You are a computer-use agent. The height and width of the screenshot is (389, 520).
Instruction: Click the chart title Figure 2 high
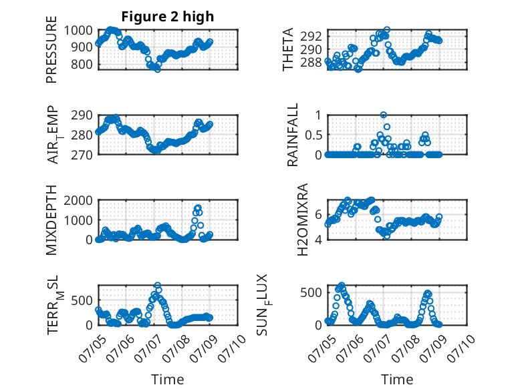point(168,17)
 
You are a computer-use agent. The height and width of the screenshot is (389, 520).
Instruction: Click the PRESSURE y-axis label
point(51,49)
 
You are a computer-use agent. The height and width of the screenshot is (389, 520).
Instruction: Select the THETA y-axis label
point(288,49)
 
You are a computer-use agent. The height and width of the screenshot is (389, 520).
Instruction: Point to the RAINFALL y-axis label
point(293,135)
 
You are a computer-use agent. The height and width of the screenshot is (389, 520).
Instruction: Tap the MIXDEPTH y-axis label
point(51,220)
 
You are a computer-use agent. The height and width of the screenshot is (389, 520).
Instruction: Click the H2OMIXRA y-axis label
point(303,220)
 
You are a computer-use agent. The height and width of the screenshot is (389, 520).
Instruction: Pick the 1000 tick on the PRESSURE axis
point(78,31)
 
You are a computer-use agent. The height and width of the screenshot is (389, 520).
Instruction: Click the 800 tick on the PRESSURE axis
point(82,64)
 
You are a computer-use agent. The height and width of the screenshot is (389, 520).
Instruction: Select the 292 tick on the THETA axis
point(311,36)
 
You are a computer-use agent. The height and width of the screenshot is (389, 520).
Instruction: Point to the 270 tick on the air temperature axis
point(82,155)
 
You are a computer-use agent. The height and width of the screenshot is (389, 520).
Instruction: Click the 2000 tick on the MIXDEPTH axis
point(78,200)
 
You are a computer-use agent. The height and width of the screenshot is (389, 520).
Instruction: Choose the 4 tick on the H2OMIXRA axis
point(319,240)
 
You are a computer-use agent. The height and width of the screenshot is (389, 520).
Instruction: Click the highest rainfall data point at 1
point(384,115)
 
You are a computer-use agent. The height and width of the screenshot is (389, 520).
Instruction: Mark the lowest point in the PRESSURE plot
point(158,69)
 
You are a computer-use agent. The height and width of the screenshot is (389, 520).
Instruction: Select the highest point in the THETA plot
point(387,30)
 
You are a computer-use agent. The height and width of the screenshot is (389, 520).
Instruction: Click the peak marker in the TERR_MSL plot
point(158,285)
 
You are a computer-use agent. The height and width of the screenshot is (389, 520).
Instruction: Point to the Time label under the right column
point(397,379)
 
